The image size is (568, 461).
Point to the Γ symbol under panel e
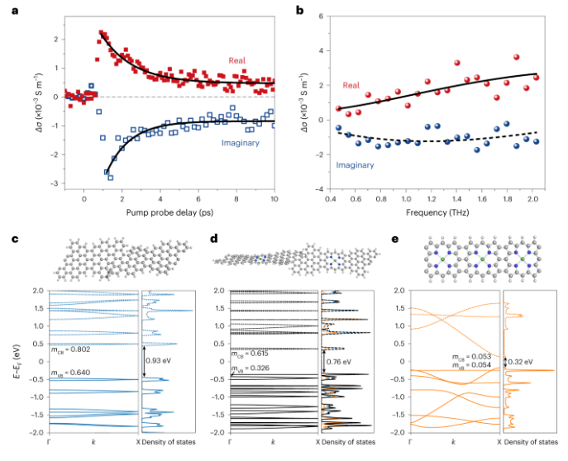tap(395, 443)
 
